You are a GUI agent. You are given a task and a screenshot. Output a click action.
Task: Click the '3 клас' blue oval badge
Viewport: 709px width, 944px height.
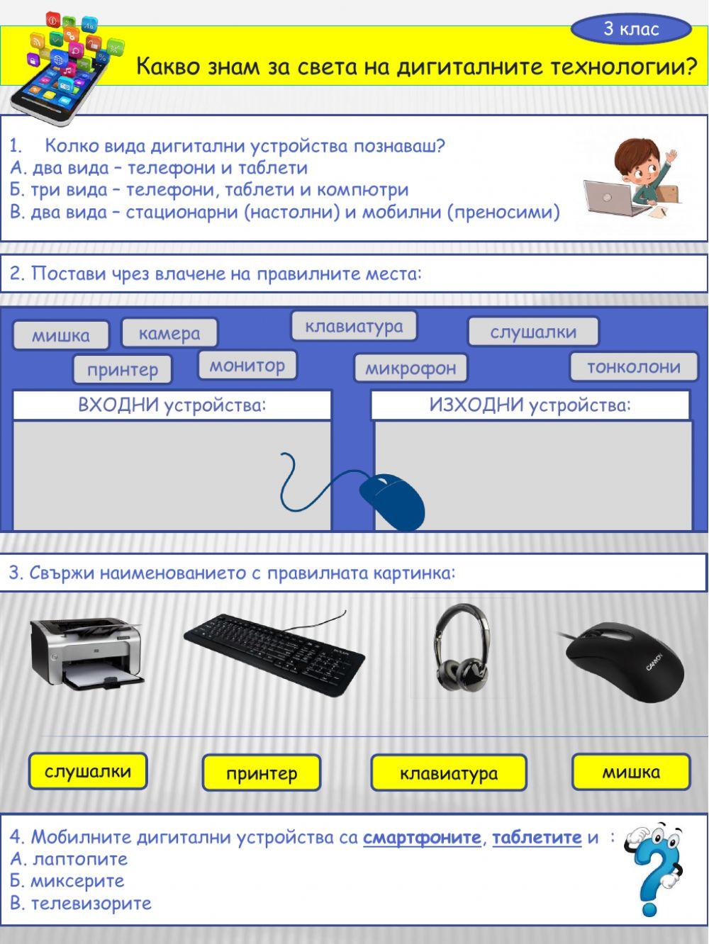click(x=630, y=29)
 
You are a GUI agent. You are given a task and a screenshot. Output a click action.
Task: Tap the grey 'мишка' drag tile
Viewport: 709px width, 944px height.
click(x=61, y=335)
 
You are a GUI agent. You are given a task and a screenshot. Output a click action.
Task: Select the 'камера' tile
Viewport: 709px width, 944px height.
click(x=169, y=332)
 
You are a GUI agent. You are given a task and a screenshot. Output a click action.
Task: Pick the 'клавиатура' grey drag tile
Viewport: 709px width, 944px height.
click(x=354, y=326)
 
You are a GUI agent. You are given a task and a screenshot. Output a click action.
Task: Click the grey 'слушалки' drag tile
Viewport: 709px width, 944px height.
click(x=533, y=331)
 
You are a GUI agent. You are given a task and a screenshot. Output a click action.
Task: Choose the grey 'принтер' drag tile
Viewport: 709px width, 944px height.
click(x=123, y=369)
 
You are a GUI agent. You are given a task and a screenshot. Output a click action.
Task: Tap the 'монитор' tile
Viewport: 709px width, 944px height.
click(x=247, y=366)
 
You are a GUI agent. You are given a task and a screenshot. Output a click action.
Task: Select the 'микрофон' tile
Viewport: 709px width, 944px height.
click(x=411, y=368)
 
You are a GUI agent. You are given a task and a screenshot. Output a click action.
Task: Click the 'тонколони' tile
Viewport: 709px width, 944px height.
click(x=633, y=366)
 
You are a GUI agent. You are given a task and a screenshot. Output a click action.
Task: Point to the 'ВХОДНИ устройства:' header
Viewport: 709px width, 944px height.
click(x=172, y=405)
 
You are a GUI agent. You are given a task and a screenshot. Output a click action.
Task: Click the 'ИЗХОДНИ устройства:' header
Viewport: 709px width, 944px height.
click(x=530, y=405)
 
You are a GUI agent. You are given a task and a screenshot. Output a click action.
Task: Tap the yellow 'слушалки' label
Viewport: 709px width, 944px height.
click(x=88, y=771)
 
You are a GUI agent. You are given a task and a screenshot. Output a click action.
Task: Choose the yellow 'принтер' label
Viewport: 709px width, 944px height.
click(x=262, y=773)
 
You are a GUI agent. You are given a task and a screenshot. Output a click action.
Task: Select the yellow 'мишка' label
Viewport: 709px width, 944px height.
click(x=630, y=772)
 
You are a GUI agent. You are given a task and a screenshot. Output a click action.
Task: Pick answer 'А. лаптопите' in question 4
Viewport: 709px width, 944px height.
click(x=69, y=859)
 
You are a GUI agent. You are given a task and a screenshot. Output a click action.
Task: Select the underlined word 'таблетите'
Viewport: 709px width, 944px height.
click(x=537, y=837)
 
